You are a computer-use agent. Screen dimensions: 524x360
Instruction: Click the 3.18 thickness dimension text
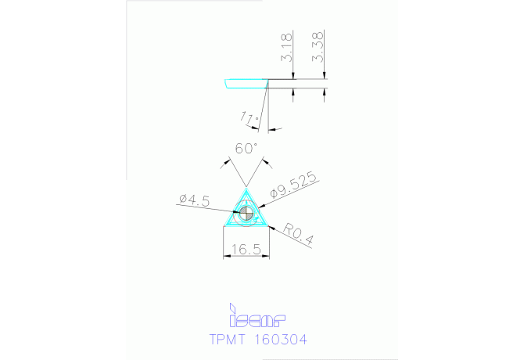pyautogui.click(x=288, y=48)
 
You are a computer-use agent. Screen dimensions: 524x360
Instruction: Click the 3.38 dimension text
pyautogui.click(x=318, y=48)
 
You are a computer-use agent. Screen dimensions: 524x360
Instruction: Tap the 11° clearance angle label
pyautogui.click(x=250, y=119)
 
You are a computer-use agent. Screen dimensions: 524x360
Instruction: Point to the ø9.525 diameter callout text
pyautogui.click(x=293, y=185)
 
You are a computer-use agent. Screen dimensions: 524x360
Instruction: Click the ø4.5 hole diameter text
pyautogui.click(x=194, y=201)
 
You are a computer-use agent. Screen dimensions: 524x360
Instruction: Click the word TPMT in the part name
pyautogui.click(x=228, y=340)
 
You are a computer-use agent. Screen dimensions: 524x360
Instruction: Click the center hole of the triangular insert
pyautogui.click(x=247, y=212)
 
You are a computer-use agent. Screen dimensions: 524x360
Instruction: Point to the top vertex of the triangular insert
pyautogui.click(x=247, y=189)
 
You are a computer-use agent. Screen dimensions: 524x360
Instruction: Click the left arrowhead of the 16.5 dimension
pyautogui.click(x=227, y=255)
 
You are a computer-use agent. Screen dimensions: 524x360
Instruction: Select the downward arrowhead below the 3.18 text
pyautogui.click(x=293, y=77)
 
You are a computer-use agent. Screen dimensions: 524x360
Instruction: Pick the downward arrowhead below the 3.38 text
pyautogui.click(x=324, y=77)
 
